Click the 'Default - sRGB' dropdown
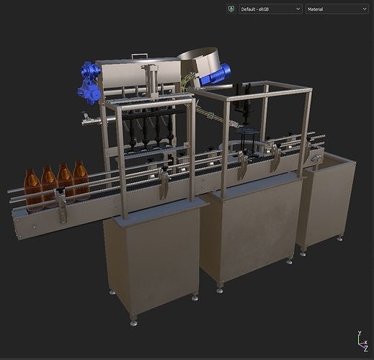point(270,9)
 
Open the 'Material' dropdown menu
point(337,9)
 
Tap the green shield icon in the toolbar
point(230,9)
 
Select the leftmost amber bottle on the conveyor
point(32,188)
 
